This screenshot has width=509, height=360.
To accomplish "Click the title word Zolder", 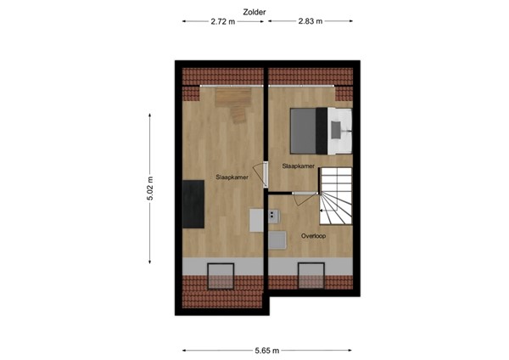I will click(254, 12).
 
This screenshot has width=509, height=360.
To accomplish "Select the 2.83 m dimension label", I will click(309, 23).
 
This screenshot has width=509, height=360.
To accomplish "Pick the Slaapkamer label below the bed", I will click(298, 167).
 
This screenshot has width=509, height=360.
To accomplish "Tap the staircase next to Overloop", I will click(334, 196).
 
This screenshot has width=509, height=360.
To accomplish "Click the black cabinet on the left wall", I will click(193, 204).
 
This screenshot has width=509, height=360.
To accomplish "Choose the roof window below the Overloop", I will click(310, 277).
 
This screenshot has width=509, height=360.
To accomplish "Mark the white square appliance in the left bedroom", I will click(258, 219).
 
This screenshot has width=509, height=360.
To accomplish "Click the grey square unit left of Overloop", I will click(277, 241).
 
